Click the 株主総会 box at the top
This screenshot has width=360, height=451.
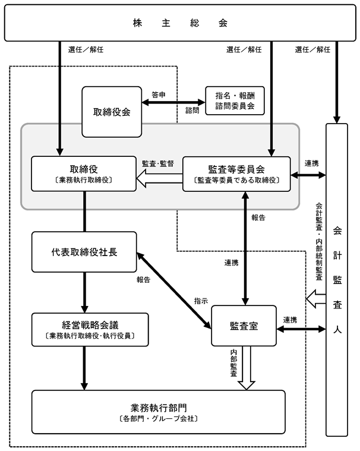tap(180, 23)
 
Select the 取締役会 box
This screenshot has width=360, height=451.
tap(112, 112)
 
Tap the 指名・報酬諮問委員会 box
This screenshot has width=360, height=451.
tap(235, 100)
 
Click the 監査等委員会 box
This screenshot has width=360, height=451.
tap(236, 174)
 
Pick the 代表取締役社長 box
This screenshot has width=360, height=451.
tap(84, 252)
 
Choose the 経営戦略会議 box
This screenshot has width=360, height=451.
tap(90, 330)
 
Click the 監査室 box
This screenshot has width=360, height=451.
tap(244, 326)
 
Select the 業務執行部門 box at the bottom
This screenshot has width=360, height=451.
tap(159, 412)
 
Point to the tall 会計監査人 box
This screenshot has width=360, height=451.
tap(337, 280)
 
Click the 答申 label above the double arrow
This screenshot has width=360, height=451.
tap(159, 94)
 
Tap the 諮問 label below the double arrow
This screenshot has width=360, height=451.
tap(192, 110)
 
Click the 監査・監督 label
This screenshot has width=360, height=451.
tap(158, 163)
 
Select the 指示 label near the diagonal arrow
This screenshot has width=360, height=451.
tap(201, 301)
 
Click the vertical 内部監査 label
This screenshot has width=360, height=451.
tap(233, 362)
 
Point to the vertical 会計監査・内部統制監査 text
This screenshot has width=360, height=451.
tap(319, 242)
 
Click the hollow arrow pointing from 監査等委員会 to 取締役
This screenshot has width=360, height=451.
tap(160, 178)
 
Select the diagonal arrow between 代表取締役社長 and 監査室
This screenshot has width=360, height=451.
tap(174, 290)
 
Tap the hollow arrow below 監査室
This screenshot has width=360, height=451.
tap(247, 368)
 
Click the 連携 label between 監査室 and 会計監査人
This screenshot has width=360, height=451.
tap(290, 320)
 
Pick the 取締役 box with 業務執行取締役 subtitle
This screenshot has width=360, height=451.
tap(84, 174)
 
